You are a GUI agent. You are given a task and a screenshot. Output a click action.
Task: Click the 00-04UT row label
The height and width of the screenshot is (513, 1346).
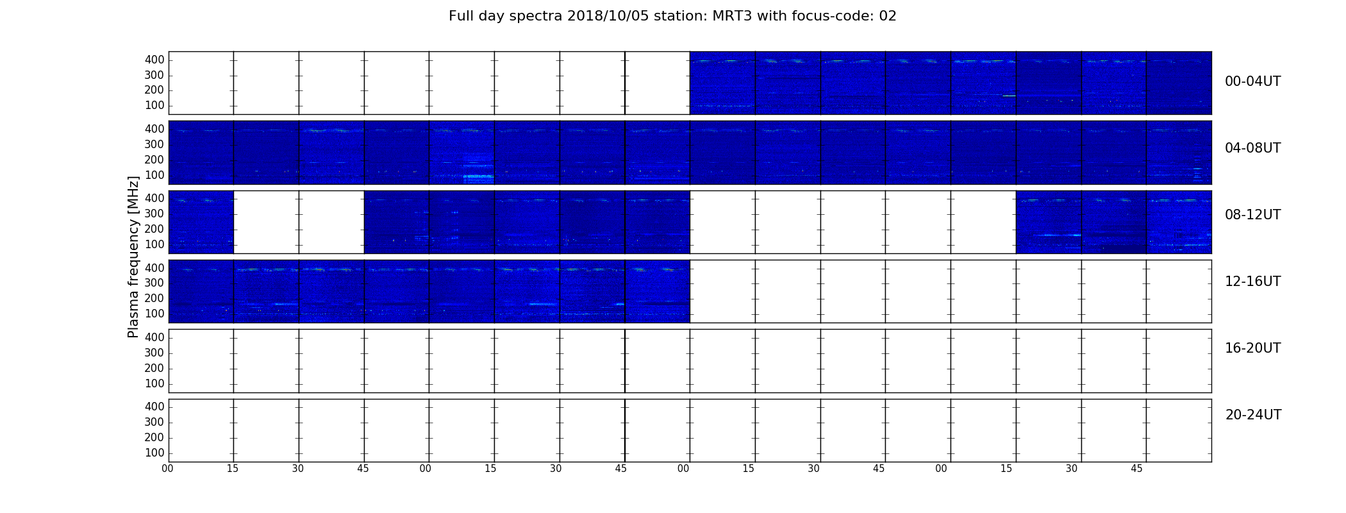pos(1252,81)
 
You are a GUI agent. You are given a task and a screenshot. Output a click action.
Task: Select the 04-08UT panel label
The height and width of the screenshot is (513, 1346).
pos(1252,148)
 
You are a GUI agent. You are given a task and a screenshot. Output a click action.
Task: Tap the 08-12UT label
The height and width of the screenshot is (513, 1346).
pos(1252,215)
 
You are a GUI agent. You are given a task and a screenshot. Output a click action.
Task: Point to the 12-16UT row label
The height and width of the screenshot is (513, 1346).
pos(1252,282)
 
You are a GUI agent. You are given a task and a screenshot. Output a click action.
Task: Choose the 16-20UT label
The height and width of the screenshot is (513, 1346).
pos(1252,348)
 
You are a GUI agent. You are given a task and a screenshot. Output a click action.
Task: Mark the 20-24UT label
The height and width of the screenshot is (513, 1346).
pos(1253,415)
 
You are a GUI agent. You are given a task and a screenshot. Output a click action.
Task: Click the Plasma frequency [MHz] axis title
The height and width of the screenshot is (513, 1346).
pos(133,256)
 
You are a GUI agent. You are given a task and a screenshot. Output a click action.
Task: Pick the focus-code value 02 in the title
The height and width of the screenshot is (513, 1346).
pos(888,16)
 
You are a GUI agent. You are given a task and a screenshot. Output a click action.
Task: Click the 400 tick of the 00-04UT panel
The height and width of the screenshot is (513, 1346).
pos(154,60)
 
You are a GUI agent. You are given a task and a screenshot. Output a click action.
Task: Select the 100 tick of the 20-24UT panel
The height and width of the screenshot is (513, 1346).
pos(154,453)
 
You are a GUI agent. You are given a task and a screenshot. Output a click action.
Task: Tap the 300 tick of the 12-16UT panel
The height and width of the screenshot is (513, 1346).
pos(154,283)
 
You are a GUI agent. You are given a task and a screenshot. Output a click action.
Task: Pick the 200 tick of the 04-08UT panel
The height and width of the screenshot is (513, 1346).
pos(154,160)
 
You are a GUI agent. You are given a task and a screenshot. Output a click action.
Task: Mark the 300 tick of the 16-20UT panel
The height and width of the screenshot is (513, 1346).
pos(154,353)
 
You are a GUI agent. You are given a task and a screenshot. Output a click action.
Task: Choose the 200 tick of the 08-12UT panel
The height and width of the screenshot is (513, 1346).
pos(154,230)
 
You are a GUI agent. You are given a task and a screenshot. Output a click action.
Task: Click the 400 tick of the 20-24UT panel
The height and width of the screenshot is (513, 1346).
pos(154,407)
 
